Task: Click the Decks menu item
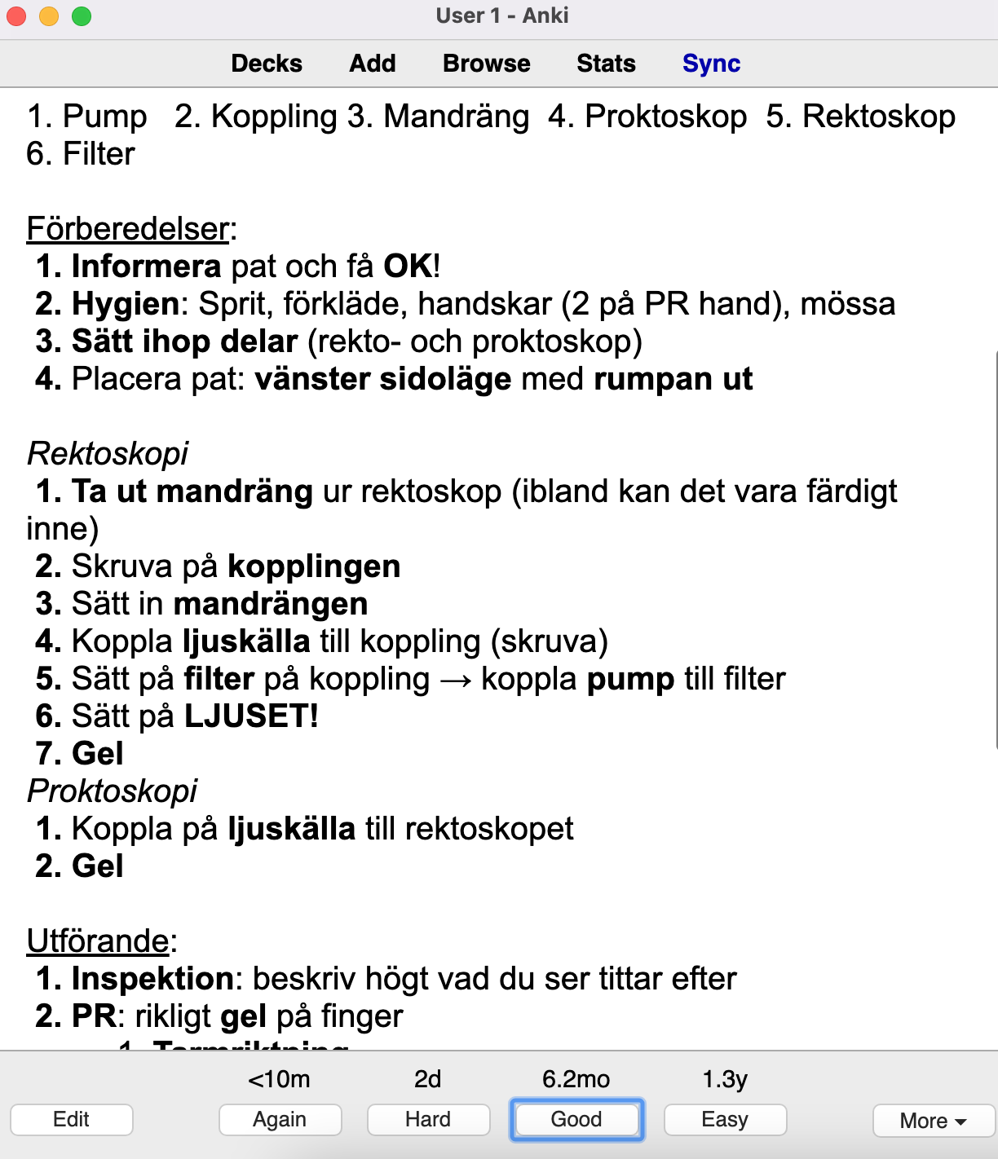[267, 64]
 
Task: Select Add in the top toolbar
[373, 64]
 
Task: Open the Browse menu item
[487, 64]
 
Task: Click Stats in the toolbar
[606, 64]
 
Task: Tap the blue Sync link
[711, 64]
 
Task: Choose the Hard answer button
[428, 1119]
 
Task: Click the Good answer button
[576, 1119]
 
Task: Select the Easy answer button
[725, 1119]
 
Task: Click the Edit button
[72, 1119]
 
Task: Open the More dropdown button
[933, 1121]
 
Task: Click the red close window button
[16, 15]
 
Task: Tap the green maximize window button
[82, 15]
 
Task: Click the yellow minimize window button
[49, 15]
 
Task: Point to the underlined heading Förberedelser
[128, 229]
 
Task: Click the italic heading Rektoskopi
[108, 453]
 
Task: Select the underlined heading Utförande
[98, 941]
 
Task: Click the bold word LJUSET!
[251, 716]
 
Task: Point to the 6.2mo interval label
[576, 1079]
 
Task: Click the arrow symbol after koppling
[455, 680]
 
